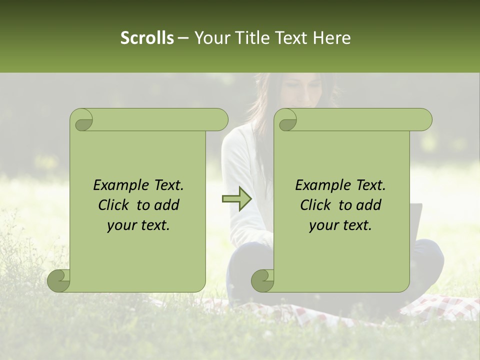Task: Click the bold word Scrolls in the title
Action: tap(147, 38)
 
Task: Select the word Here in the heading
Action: tap(331, 38)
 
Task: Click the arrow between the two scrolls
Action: tap(236, 199)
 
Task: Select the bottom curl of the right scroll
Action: tap(262, 280)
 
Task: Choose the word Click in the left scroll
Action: tap(115, 205)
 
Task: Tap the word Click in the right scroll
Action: tap(317, 205)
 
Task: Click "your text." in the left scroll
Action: tap(138, 225)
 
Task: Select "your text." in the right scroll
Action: tap(340, 225)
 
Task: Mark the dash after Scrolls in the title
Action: tap(183, 38)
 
